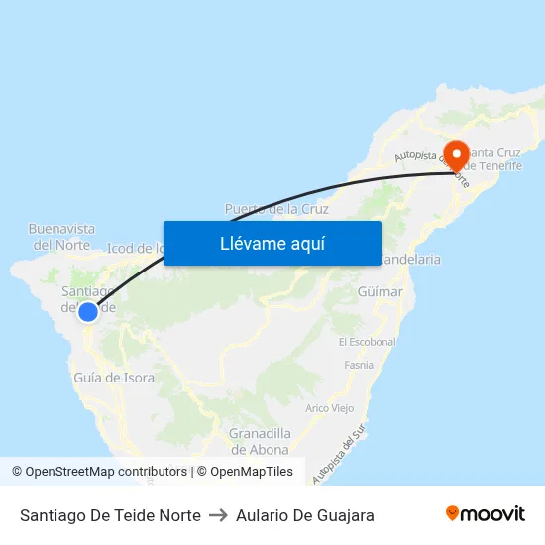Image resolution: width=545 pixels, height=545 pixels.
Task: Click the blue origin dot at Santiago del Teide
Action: pyautogui.click(x=88, y=312)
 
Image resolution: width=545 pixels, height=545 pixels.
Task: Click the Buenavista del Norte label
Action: pyautogui.click(x=61, y=236)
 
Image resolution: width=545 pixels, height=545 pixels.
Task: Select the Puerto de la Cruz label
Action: pyautogui.click(x=276, y=209)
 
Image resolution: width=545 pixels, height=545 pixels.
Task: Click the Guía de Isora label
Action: pyautogui.click(x=114, y=378)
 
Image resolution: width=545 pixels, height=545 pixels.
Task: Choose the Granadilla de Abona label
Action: pyautogui.click(x=260, y=441)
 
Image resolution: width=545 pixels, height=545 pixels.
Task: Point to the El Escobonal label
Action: pyautogui.click(x=367, y=342)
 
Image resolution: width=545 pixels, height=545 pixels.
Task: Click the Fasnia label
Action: pyautogui.click(x=359, y=365)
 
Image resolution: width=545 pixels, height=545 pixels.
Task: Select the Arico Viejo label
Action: pyautogui.click(x=330, y=408)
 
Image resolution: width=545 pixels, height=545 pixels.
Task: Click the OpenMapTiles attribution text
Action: pyautogui.click(x=252, y=472)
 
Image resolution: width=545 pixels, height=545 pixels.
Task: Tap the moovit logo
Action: pyautogui.click(x=485, y=514)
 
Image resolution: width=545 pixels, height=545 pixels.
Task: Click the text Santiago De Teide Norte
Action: pyautogui.click(x=110, y=515)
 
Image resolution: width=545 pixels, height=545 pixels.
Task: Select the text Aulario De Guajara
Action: pyautogui.click(x=305, y=515)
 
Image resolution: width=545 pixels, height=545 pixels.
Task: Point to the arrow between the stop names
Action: pyautogui.click(x=218, y=515)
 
